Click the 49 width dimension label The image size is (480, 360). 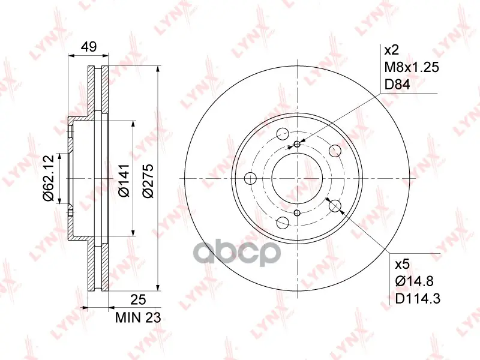89,47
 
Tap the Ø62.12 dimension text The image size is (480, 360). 49,178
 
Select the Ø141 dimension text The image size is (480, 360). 124,181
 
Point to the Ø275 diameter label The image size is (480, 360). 148,181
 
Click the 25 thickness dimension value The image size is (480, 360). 138,299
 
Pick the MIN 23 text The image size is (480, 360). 138,318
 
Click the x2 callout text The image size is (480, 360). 392,50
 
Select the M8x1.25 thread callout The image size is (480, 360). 412,67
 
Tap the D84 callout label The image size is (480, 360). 397,85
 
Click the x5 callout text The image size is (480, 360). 402,264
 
